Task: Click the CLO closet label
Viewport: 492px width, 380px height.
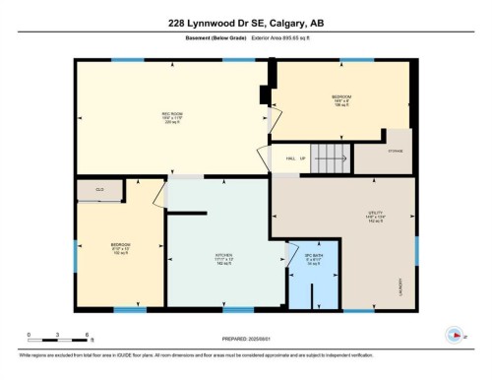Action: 100,188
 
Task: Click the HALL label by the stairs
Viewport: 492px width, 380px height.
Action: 291,158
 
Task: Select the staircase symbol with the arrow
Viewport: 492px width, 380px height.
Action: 332,156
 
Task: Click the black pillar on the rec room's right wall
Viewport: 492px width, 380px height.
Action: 263,95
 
